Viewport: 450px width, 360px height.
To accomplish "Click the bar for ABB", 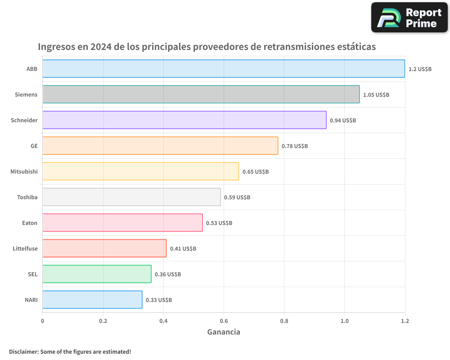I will (224, 69).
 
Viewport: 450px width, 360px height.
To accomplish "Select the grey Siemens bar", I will (201, 94).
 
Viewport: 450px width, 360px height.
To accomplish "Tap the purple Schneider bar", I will (184, 120).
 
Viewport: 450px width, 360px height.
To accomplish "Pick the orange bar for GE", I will (160, 146).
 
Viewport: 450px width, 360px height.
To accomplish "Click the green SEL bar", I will (97, 274).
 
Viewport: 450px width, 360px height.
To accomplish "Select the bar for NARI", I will (92, 300).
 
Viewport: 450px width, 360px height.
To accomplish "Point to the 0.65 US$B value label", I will (255, 171).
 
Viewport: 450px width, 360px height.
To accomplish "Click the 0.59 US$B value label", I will (237, 197).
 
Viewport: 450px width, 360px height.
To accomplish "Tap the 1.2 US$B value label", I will (420, 69).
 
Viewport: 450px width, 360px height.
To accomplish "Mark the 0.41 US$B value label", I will (183, 248).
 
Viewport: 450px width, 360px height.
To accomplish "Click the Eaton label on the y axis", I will (30, 223).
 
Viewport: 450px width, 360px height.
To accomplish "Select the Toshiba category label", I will (27, 197).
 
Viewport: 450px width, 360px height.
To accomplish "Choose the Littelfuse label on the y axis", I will (25, 248).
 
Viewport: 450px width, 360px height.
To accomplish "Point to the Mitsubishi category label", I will (24, 171).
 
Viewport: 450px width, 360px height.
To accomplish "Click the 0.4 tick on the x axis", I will (163, 321).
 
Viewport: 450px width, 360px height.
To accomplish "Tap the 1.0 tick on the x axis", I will (344, 321).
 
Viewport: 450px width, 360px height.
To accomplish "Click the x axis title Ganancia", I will (224, 332).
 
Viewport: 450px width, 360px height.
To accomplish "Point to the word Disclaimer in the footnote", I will (23, 351).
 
